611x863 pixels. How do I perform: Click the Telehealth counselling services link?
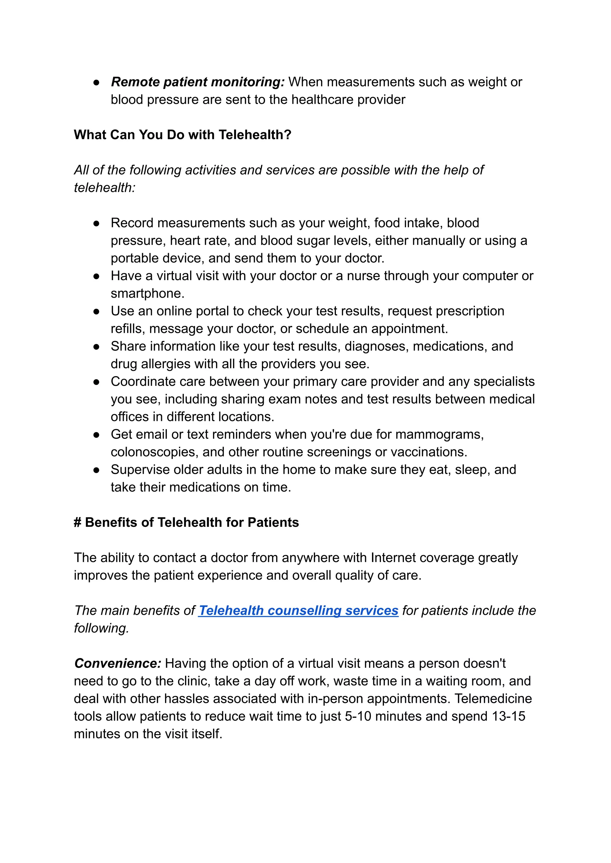[x=298, y=610]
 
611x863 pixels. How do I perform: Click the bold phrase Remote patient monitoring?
[x=198, y=82]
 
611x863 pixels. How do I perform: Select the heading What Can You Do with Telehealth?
[x=183, y=134]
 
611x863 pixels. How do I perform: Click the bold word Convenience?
[x=118, y=663]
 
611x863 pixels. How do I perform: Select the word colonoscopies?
[x=154, y=452]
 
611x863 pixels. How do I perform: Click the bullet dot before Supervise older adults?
[x=96, y=470]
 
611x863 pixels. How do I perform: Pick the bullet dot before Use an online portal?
[x=96, y=311]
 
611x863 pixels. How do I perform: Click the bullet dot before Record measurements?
[x=96, y=223]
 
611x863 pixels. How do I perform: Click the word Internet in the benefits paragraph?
[x=393, y=558]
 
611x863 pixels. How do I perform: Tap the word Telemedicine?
[x=493, y=698]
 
